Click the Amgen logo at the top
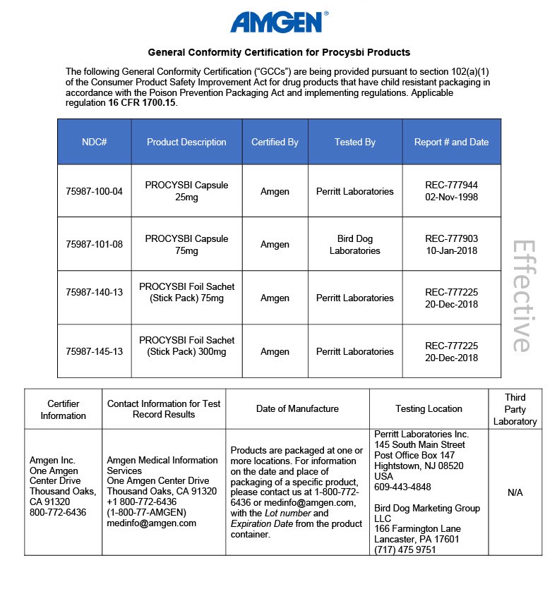point(278,22)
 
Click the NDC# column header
point(94,142)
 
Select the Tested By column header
point(354,142)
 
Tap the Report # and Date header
point(451,142)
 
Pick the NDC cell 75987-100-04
point(94,191)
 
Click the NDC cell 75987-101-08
point(94,245)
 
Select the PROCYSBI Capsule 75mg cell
point(186,245)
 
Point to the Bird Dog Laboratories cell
point(354,245)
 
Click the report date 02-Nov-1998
point(451,198)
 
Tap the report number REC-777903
point(451,239)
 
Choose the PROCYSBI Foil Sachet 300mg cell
point(186,346)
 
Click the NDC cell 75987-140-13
point(94,298)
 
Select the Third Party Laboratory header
point(515,409)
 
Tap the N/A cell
point(515,492)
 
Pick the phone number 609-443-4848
point(402,487)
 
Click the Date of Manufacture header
point(297,408)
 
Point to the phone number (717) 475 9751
point(405,549)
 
